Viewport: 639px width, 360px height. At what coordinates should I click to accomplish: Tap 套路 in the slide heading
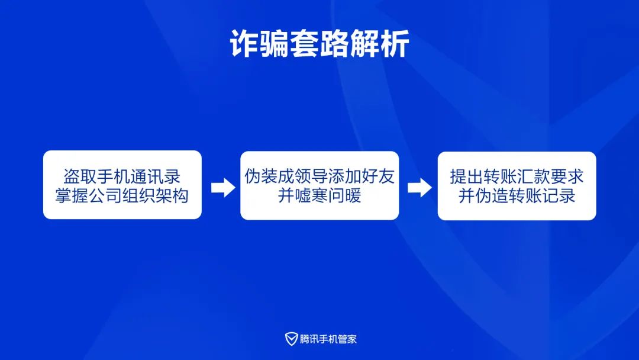pyautogui.click(x=319, y=44)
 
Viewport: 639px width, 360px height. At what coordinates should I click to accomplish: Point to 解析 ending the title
pyautogui.click(x=379, y=44)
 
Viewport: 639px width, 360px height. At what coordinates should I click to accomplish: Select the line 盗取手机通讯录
pyautogui.click(x=122, y=176)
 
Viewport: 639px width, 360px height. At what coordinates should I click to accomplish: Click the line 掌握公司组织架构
pyautogui.click(x=122, y=196)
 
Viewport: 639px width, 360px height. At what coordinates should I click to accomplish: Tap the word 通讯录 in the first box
pyautogui.click(x=155, y=176)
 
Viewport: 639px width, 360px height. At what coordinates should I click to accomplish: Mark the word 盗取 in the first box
pyautogui.click(x=80, y=176)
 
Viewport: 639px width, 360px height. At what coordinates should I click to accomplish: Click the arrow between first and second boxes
pyautogui.click(x=223, y=188)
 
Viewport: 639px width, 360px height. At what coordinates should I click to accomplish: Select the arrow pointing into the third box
pyautogui.click(x=419, y=188)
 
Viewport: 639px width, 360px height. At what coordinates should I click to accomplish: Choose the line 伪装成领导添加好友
pyautogui.click(x=319, y=176)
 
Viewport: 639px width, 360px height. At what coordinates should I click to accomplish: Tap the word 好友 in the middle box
pyautogui.click(x=378, y=176)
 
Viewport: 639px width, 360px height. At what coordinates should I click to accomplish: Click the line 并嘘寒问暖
pyautogui.click(x=319, y=196)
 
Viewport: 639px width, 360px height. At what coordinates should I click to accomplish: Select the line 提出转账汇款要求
pyautogui.click(x=517, y=176)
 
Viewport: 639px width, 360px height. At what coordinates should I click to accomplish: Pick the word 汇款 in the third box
pyautogui.click(x=534, y=176)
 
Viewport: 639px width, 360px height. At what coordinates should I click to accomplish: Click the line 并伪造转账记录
pyautogui.click(x=517, y=196)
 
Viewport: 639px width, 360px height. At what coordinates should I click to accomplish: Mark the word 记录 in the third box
pyautogui.click(x=559, y=196)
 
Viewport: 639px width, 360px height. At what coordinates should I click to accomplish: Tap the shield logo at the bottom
pyautogui.click(x=291, y=339)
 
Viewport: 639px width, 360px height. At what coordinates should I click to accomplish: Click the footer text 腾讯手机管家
pyautogui.click(x=328, y=339)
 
